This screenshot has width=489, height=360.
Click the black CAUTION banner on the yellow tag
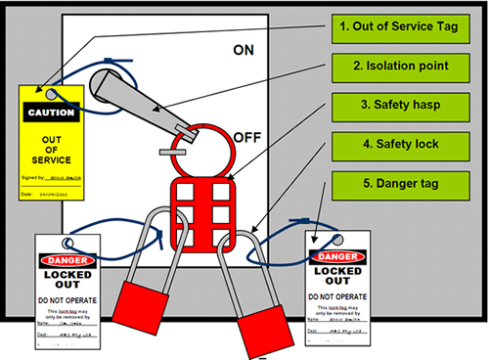[51, 112]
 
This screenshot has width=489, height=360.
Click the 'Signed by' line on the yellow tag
[51, 178]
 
